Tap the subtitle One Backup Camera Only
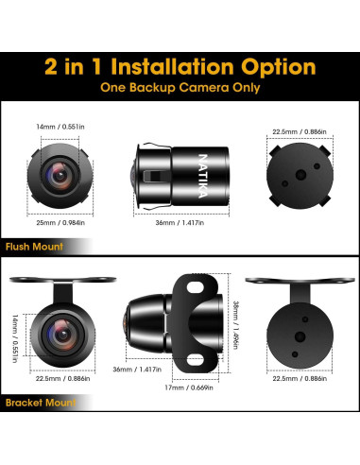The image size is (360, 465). (180, 88)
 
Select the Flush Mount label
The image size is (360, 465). (33, 246)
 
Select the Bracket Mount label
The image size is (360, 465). (40, 402)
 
